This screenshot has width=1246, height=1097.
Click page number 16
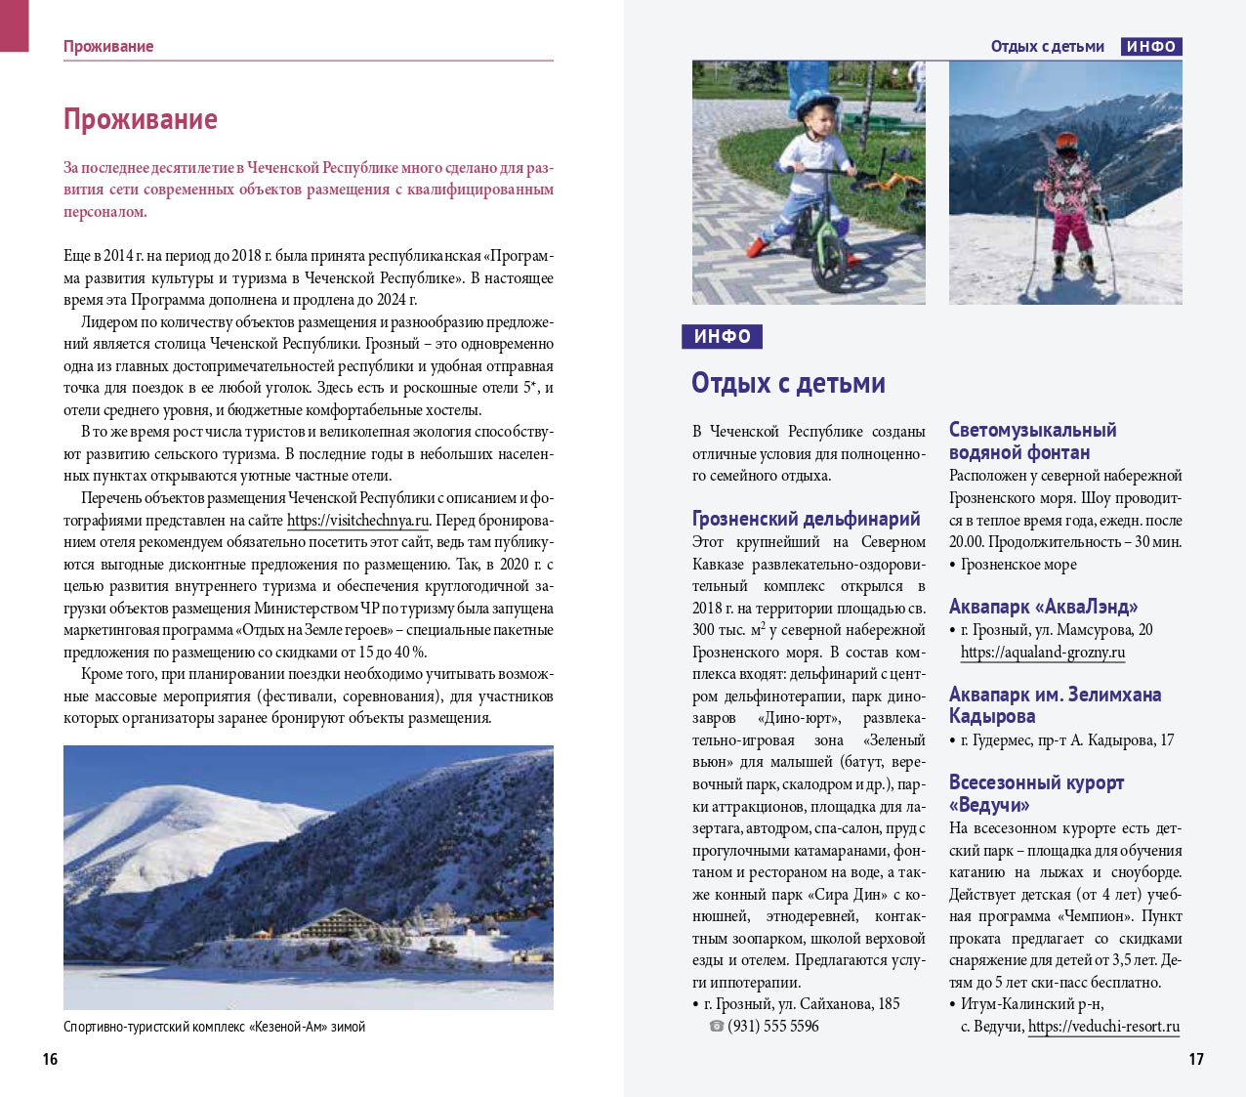pyautogui.click(x=50, y=1059)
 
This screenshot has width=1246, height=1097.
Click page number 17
pyautogui.click(x=1195, y=1059)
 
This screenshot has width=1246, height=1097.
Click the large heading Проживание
pyautogui.click(x=140, y=119)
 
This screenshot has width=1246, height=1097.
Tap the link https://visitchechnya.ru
pyautogui.click(x=358, y=521)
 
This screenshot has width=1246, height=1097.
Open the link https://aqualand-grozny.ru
pyautogui.click(x=1042, y=653)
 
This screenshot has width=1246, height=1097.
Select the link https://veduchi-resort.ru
pyautogui.click(x=1103, y=1027)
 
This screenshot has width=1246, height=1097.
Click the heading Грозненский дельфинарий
pyautogui.click(x=806, y=519)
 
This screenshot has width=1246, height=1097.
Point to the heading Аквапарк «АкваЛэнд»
pyautogui.click(x=1043, y=607)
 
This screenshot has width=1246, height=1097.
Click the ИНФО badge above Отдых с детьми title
pyautogui.click(x=722, y=337)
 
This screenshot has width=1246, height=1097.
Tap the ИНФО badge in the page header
pyautogui.click(x=1150, y=47)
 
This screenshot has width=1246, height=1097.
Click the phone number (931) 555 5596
pyautogui.click(x=773, y=1027)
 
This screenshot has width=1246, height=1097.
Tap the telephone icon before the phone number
pyautogui.click(x=717, y=1027)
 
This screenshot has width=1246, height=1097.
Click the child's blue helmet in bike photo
pyautogui.click(x=816, y=105)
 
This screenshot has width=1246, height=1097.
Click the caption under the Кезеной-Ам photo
pyautogui.click(x=214, y=1027)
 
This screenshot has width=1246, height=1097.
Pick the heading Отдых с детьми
pyautogui.click(x=788, y=383)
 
